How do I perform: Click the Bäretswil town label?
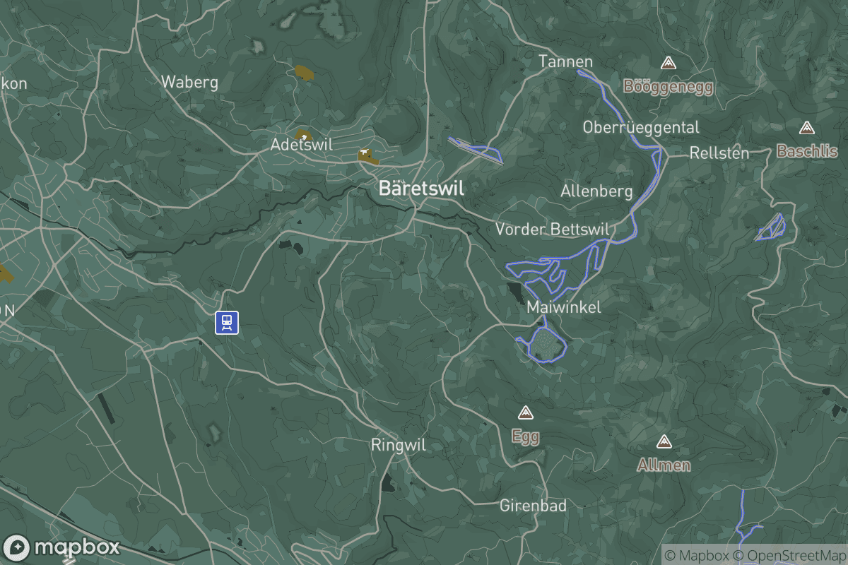pos(421,189)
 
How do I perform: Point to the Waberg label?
pos(189,82)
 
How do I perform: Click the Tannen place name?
pos(565,61)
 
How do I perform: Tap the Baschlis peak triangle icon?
pos(806,129)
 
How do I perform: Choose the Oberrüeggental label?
pos(641,127)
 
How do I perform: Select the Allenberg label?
pos(596,191)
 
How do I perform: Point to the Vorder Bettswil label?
pos(553,229)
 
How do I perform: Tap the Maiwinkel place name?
pos(564,307)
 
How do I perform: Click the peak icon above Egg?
pos(525,412)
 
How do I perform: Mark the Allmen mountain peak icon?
pos(664,442)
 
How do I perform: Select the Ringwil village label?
pos(399,445)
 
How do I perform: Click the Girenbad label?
pos(533,506)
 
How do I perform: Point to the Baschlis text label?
pos(807,151)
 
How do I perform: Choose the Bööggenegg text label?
pos(668,87)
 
